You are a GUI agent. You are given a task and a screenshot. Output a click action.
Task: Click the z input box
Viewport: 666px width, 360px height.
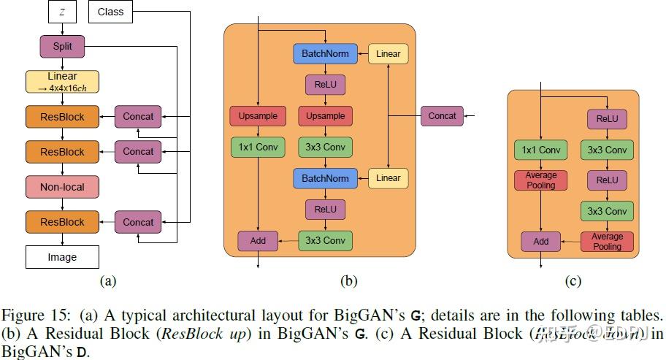(62, 12)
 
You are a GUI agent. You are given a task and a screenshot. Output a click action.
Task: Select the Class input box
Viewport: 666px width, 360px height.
(110, 12)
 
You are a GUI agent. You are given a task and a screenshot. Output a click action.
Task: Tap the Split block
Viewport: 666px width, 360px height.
(62, 47)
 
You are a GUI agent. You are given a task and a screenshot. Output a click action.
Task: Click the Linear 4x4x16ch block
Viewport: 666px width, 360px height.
(62, 81)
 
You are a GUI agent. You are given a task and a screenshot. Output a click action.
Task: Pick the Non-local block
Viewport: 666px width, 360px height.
(62, 187)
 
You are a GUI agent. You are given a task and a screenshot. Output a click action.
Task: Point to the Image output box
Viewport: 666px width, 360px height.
(62, 257)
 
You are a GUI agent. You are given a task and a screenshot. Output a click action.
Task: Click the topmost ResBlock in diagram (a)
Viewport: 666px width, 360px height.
(62, 117)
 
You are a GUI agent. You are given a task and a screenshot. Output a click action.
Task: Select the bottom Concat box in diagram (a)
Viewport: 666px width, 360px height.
(138, 222)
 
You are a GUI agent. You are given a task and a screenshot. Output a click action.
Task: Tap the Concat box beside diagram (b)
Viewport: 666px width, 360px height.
(442, 116)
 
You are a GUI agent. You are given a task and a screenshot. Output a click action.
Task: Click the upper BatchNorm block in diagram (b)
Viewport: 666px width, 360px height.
(325, 53)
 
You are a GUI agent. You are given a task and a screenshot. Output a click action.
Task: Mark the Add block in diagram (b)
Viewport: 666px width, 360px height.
(257, 240)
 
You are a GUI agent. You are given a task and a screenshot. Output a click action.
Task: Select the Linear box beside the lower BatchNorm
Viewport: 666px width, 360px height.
(388, 177)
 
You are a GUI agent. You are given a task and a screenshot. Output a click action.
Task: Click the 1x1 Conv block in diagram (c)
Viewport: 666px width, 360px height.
(541, 150)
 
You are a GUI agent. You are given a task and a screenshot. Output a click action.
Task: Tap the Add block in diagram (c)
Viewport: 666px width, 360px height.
(541, 241)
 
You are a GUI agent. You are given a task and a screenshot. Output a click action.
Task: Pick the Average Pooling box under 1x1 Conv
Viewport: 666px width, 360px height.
(541, 180)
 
